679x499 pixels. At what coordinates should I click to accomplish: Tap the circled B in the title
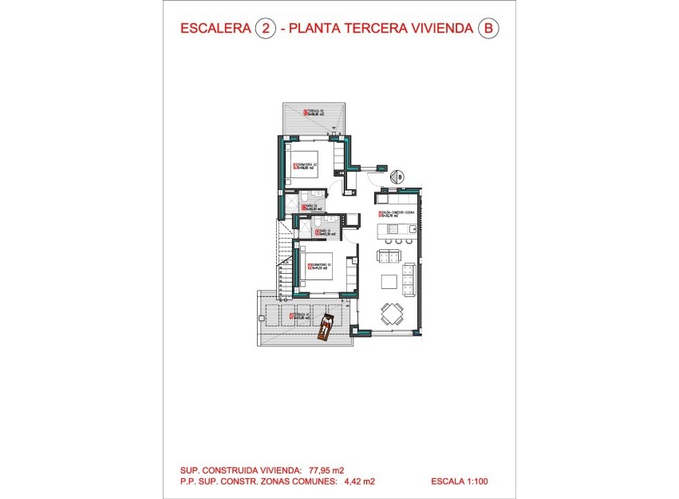(x=488, y=30)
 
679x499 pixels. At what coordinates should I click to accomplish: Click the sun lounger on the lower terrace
(x=326, y=328)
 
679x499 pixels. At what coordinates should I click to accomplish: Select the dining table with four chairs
(x=391, y=312)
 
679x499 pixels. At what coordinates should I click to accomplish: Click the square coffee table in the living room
(x=388, y=281)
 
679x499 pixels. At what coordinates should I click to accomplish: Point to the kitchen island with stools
(x=395, y=232)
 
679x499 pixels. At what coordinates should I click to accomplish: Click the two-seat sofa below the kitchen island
(x=389, y=255)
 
